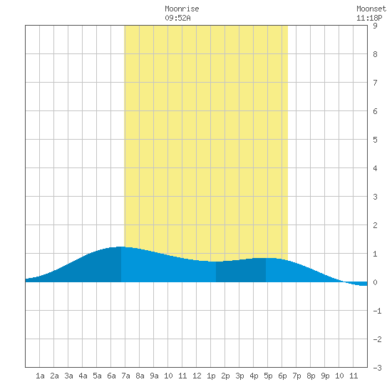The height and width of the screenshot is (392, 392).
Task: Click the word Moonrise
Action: [x=182, y=9]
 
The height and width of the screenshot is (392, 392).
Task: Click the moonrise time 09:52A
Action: [x=177, y=18]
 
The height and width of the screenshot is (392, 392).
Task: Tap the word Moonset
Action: [x=371, y=9]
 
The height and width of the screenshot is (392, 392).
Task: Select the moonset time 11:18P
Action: [x=369, y=18]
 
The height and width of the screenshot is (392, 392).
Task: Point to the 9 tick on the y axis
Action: [x=375, y=26]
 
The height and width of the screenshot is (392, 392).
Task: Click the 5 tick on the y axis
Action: [x=375, y=140]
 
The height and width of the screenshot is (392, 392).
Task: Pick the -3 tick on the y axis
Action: [x=377, y=368]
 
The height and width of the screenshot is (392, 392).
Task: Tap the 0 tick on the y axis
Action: [x=375, y=282]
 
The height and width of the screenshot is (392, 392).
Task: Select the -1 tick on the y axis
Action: [x=377, y=311]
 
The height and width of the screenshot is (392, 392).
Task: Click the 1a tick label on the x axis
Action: [x=40, y=376]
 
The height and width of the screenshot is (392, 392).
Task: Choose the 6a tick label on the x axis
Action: [x=111, y=376]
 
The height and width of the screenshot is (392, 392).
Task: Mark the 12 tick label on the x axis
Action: [x=197, y=376]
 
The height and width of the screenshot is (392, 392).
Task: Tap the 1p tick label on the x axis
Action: [x=211, y=376]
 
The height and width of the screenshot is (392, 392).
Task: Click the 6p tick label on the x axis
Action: [x=282, y=376]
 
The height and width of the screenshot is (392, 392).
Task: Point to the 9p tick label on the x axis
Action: [x=325, y=376]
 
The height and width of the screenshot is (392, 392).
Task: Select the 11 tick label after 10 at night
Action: [x=354, y=376]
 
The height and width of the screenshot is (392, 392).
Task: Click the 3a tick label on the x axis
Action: [x=68, y=376]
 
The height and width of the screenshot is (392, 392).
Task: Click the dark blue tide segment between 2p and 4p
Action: [x=241, y=271]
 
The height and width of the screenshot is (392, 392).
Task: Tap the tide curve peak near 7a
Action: [x=121, y=247]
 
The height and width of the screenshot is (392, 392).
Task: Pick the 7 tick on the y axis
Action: [x=375, y=83]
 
